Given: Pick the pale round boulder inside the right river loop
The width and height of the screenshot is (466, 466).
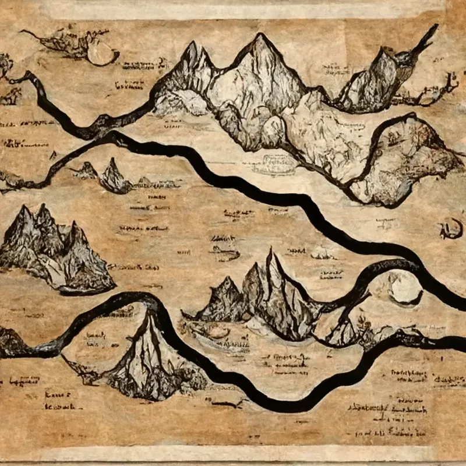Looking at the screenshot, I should (x=404, y=288).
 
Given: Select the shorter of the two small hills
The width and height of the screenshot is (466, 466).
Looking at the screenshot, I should (x=87, y=170).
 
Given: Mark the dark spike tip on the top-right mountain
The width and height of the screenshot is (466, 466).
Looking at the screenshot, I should (x=432, y=30).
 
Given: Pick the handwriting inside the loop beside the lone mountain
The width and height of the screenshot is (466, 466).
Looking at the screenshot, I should (x=96, y=341).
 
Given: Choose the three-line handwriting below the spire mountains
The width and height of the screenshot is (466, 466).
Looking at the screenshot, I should (x=288, y=361).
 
